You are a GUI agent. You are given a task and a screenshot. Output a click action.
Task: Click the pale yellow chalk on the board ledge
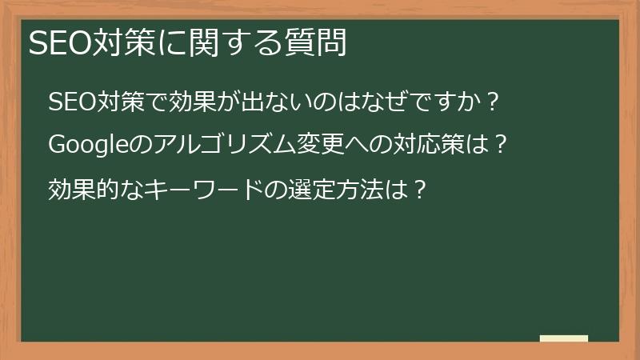tap(563, 338)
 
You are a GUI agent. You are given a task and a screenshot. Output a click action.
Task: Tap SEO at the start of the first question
tap(70, 102)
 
